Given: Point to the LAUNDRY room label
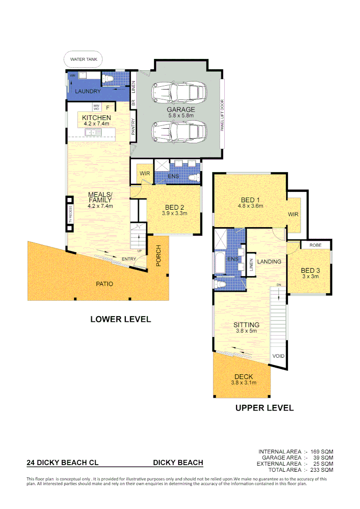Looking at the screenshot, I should [87, 91].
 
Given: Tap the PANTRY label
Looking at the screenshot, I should [133, 127].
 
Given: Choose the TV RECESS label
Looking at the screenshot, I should [70, 214].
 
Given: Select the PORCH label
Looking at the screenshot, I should [158, 255].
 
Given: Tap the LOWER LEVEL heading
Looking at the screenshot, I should [121, 319].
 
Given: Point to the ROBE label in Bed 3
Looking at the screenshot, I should [316, 246].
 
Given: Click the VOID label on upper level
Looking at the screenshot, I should [278, 356].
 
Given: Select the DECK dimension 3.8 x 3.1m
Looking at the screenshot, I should [243, 383].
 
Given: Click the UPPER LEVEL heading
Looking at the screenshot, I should [264, 408].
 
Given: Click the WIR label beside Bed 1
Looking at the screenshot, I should [293, 214].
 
